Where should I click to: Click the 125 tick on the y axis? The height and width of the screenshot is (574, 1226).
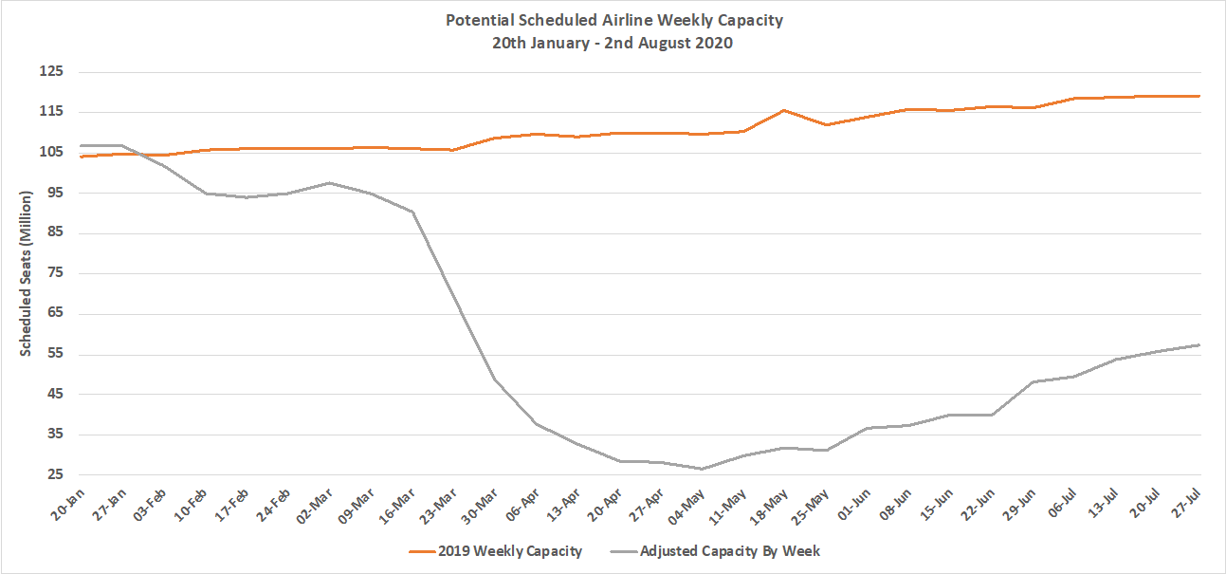49,72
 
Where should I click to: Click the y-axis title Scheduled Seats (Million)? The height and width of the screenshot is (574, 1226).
27,273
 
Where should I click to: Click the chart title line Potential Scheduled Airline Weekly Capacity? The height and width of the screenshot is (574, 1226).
614,20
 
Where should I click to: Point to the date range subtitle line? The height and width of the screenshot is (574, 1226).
614,43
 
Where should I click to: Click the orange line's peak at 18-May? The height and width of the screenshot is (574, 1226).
783,110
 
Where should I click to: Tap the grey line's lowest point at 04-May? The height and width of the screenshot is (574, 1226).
701,469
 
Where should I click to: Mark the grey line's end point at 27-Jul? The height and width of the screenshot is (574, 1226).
1199,345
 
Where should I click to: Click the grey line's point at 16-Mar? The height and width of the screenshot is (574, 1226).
412,212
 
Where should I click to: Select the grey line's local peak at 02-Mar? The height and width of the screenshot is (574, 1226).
329,182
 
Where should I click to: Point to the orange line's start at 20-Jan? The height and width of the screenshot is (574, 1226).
82,156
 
